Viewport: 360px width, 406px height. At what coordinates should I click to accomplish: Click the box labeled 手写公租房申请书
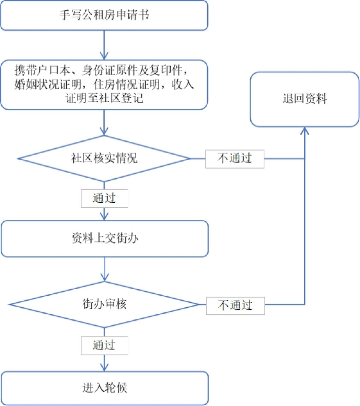[x=104, y=16]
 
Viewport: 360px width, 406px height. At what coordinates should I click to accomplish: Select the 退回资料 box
[x=304, y=99]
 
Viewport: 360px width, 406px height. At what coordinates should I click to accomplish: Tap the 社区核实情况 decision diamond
[x=104, y=158]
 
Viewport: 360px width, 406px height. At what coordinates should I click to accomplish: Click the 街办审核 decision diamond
[x=104, y=304]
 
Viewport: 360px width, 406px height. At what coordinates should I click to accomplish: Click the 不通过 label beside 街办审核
[x=235, y=305]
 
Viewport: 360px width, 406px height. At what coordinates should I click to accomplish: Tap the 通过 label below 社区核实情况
[x=104, y=198]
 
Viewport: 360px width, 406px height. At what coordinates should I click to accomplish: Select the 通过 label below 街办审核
[x=104, y=345]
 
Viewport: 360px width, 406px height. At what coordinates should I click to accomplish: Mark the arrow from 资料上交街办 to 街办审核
[x=105, y=269]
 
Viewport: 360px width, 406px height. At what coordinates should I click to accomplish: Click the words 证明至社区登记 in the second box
[x=104, y=98]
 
